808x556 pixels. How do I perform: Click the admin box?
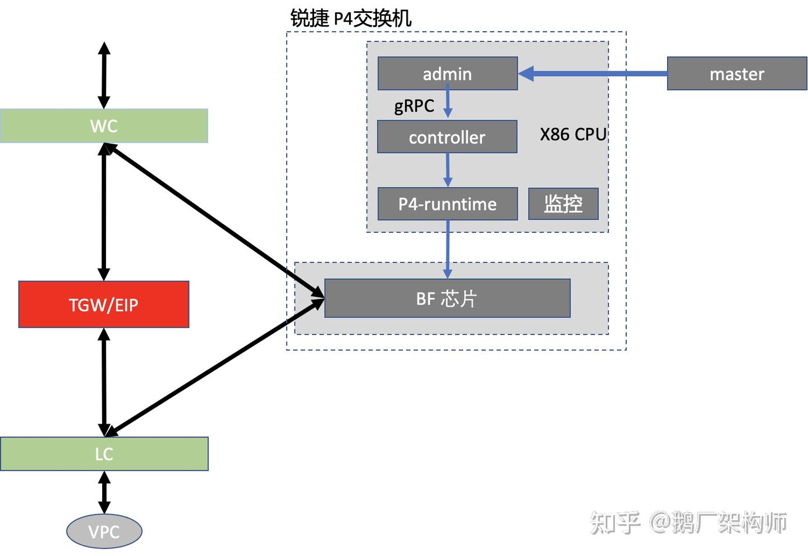tap(447, 73)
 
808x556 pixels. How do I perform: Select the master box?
tap(737, 73)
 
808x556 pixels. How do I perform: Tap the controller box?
tap(447, 137)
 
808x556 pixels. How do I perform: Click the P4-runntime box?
tap(447, 204)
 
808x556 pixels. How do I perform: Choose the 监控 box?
tap(563, 204)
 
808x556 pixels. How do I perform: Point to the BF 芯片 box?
tap(447, 298)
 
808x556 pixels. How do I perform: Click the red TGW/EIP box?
tap(104, 305)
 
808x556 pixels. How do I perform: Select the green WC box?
tap(104, 126)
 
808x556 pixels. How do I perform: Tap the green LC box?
tap(104, 454)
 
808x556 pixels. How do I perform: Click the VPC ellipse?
tap(104, 531)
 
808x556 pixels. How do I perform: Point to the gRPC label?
tap(414, 105)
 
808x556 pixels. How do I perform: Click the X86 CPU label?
tap(573, 135)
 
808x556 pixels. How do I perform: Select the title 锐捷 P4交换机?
tap(351, 19)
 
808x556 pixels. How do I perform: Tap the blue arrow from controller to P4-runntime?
tap(448, 169)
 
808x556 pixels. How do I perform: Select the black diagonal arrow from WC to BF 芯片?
tap(213, 219)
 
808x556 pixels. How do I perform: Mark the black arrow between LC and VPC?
tap(104, 492)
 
